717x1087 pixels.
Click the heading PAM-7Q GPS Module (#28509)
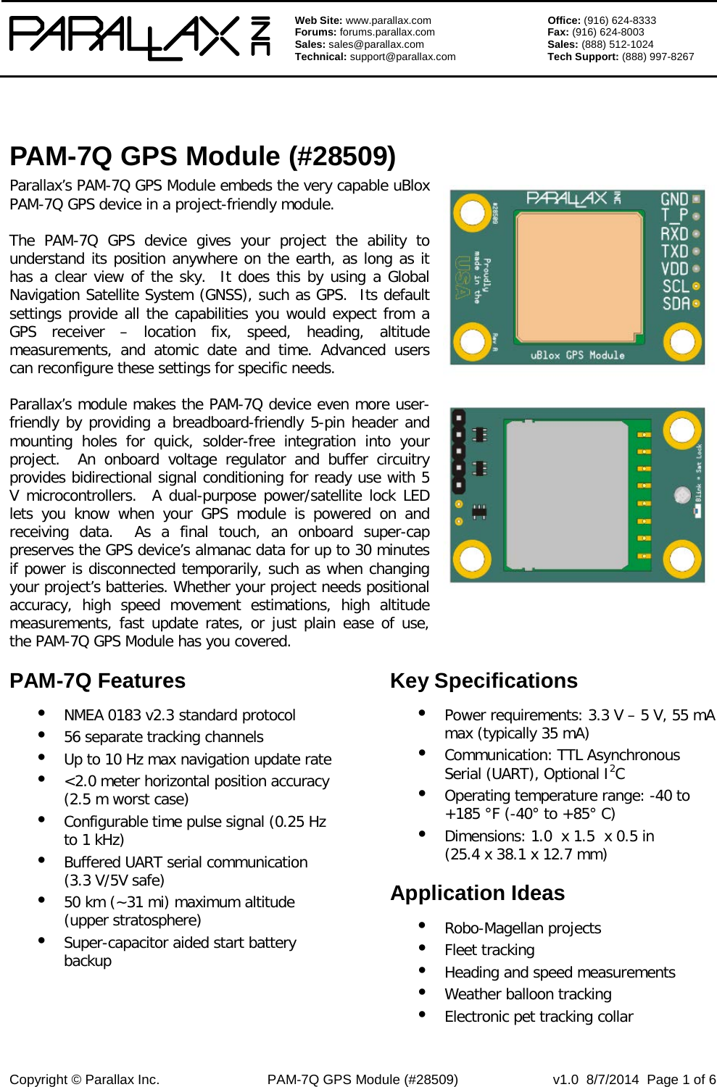click(202, 157)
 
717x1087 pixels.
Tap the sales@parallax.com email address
click(376, 44)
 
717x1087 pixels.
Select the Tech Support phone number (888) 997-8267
click(658, 57)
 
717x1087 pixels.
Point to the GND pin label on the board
click(674, 199)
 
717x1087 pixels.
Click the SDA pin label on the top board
click(676, 304)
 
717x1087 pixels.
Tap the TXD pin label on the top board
click(674, 251)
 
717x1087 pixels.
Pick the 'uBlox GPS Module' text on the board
click(577, 355)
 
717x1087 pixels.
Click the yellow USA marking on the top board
click(462, 278)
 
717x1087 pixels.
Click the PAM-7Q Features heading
click(97, 681)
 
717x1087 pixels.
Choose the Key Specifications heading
click(484, 681)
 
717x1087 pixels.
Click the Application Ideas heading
click(477, 894)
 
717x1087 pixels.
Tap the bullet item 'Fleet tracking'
click(489, 950)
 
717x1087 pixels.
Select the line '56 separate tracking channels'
click(163, 737)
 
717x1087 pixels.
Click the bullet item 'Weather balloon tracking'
click(528, 994)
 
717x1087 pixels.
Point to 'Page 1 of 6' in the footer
click(681, 1080)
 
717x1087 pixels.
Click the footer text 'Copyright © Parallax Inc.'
click(84, 1080)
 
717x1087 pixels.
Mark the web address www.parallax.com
click(388, 20)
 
